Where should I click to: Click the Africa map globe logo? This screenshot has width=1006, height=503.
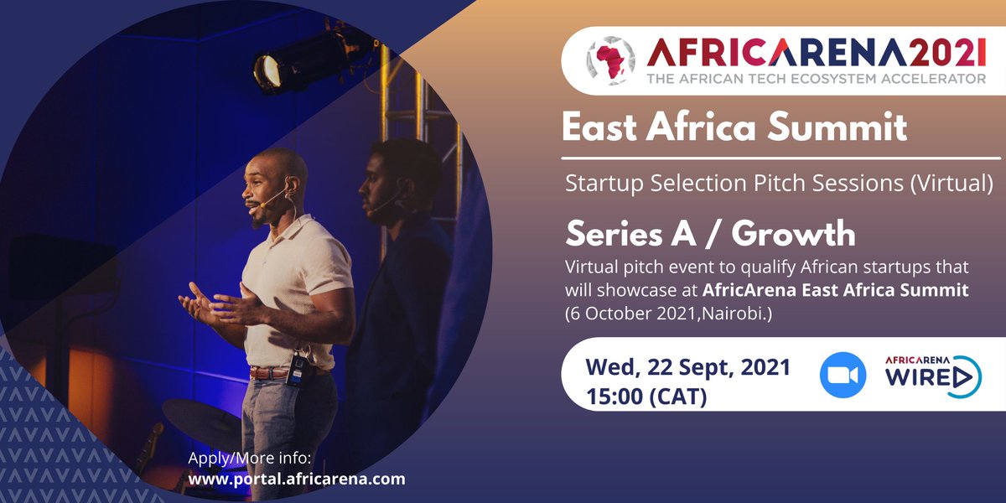pos(610,62)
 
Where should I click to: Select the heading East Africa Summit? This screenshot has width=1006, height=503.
pos(734,128)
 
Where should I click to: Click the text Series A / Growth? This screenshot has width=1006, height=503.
pos(710,235)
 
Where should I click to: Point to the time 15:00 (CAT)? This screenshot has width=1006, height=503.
pos(646,394)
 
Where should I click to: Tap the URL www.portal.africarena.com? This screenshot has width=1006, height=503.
pos(296,480)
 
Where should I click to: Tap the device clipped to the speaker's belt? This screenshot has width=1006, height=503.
pos(295,370)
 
